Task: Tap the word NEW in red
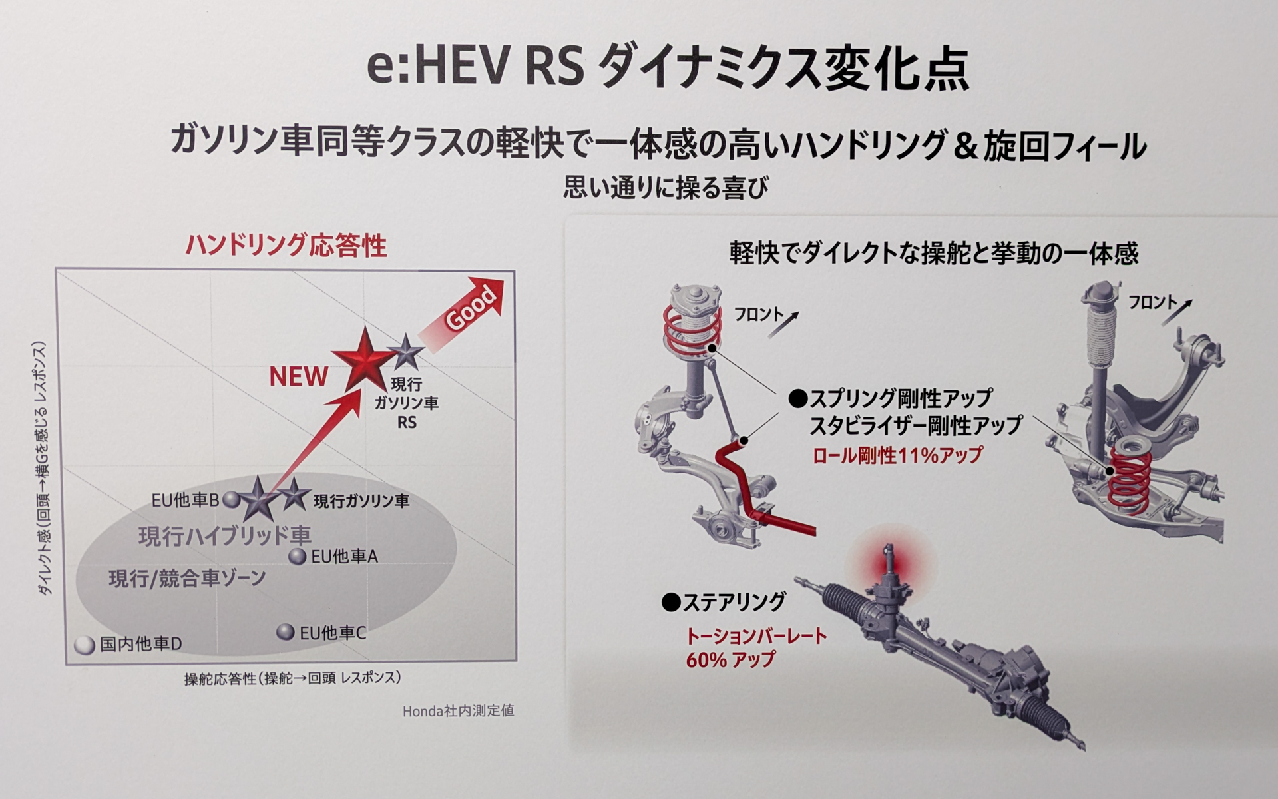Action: (298, 377)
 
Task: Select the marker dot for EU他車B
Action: (231, 499)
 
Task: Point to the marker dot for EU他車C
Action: (286, 631)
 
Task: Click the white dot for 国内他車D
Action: (85, 645)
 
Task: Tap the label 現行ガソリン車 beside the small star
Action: (361, 501)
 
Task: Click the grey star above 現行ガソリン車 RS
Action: (405, 352)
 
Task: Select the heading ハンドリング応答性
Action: (286, 246)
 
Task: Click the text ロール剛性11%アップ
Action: (897, 456)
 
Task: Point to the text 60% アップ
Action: (731, 660)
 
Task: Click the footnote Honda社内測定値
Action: (458, 711)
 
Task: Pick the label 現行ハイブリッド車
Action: (225, 536)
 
